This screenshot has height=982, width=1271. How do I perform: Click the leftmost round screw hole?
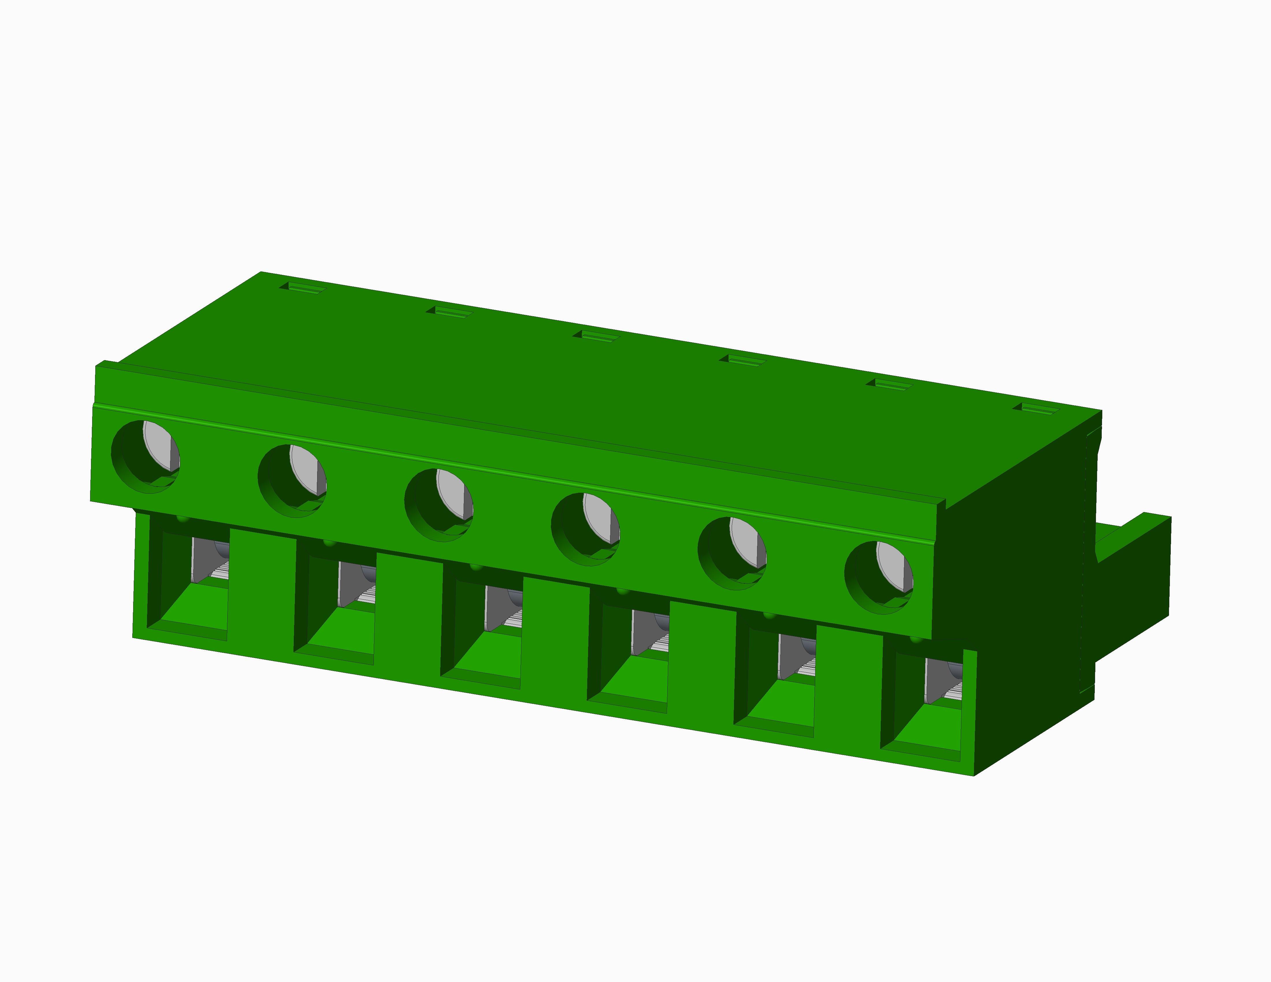(146, 457)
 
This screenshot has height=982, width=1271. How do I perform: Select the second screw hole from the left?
(292, 481)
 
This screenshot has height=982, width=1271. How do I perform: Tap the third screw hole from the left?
(439, 505)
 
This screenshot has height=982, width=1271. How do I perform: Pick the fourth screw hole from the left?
(586, 529)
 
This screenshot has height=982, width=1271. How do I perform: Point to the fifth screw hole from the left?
(732, 553)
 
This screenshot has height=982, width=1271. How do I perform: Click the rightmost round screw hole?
(879, 578)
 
